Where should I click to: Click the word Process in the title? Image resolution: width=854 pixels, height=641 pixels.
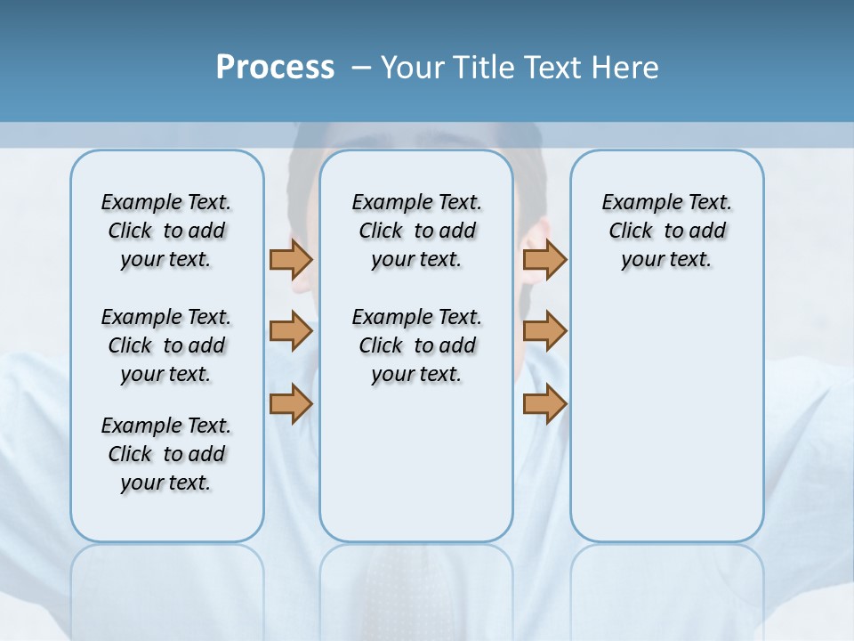point(275,67)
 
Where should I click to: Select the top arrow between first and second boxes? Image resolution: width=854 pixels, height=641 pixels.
point(291,259)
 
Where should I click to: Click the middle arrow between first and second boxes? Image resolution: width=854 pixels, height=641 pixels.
point(291,331)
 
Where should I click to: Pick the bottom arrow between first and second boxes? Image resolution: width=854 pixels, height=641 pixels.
point(291,403)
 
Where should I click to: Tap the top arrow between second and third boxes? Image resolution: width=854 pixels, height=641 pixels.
point(544,259)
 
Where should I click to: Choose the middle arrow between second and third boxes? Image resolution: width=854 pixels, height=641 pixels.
point(544,331)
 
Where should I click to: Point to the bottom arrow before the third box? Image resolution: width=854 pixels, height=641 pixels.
point(544,403)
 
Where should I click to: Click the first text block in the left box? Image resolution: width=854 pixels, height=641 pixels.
point(166,231)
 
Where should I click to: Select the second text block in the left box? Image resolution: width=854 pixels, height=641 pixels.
point(166,345)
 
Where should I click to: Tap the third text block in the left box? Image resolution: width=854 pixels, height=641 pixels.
point(166,454)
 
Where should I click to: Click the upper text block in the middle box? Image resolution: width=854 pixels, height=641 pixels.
point(416,231)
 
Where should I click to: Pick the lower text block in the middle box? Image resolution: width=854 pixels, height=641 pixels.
point(416,345)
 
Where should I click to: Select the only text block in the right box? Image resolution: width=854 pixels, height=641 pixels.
point(666,231)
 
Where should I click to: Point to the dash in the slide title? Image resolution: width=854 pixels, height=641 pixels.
point(361,68)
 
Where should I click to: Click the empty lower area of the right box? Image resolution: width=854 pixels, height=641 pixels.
point(666,418)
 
